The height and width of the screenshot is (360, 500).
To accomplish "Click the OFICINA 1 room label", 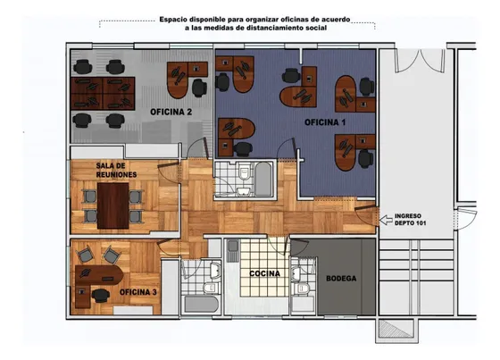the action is [x=325, y=122].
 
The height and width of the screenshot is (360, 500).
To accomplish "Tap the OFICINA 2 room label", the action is [x=171, y=112].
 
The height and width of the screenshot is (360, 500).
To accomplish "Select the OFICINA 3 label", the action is [x=138, y=292].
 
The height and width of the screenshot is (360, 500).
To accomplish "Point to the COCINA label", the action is [x=264, y=273].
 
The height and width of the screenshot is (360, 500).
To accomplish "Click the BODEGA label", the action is [x=341, y=279].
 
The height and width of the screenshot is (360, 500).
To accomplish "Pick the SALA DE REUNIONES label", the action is [x=116, y=170].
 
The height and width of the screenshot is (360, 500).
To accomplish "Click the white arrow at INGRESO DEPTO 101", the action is [x=386, y=220].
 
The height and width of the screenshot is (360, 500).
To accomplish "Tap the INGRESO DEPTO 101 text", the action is [x=410, y=220].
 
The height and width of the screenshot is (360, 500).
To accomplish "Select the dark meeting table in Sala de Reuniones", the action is [x=112, y=205].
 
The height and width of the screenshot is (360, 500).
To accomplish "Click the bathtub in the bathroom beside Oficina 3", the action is [x=201, y=304].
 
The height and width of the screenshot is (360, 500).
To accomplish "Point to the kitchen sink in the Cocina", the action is [x=233, y=247].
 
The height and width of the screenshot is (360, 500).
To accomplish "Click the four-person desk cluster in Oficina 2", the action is [x=103, y=93].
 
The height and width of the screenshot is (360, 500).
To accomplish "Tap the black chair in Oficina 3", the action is [x=101, y=295].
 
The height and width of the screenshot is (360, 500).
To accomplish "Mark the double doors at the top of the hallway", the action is [x=420, y=62].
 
